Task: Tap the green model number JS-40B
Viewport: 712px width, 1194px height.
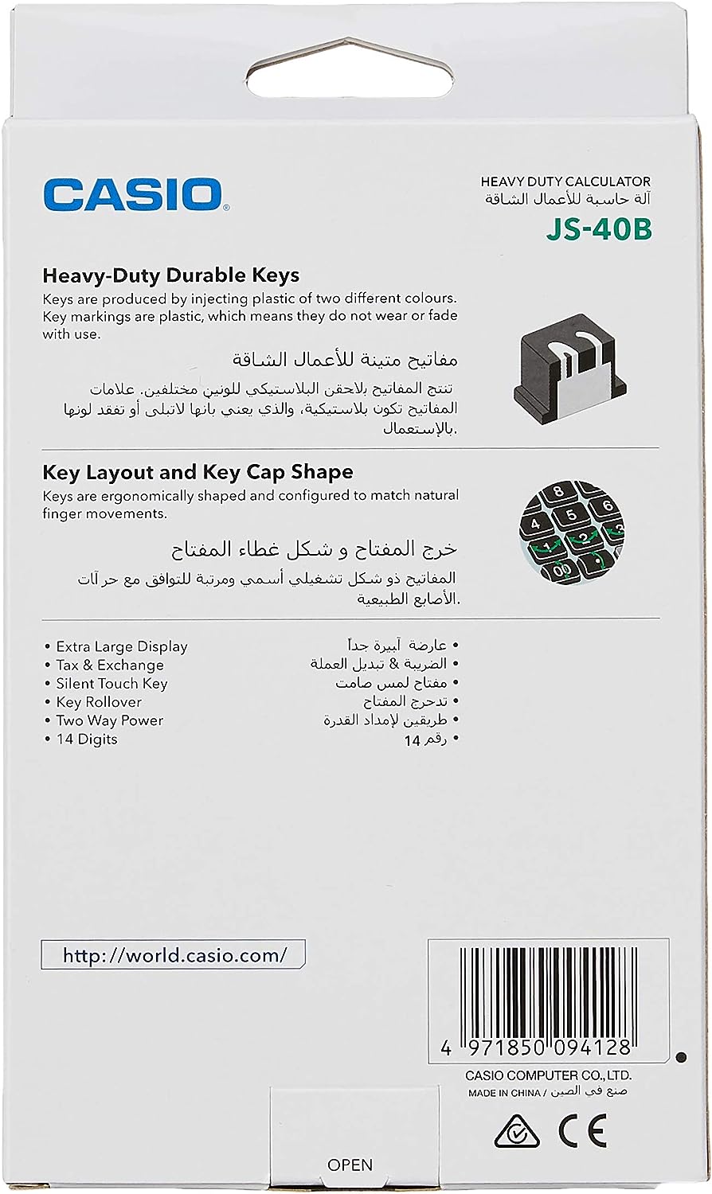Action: coord(599,229)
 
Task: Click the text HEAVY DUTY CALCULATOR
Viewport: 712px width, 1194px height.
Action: coord(565,181)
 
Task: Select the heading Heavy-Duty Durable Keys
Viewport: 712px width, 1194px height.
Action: coord(170,275)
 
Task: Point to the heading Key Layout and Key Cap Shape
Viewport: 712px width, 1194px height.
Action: coord(198,472)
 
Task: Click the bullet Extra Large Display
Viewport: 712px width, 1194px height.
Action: coord(121,646)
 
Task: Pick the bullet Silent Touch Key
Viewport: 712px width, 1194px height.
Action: coord(111,683)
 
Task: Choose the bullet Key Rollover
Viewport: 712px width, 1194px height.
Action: coord(98,702)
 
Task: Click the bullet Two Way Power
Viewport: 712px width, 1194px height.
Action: coord(109,720)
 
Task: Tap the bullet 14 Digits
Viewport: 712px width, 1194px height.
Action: coord(86,739)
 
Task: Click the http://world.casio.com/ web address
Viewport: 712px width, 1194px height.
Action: coord(174,955)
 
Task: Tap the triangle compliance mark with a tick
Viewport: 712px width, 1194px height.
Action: coord(516,1132)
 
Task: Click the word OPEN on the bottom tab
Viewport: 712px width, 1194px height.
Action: coord(350,1165)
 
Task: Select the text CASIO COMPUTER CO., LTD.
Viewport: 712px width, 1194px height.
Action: coord(549,1075)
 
